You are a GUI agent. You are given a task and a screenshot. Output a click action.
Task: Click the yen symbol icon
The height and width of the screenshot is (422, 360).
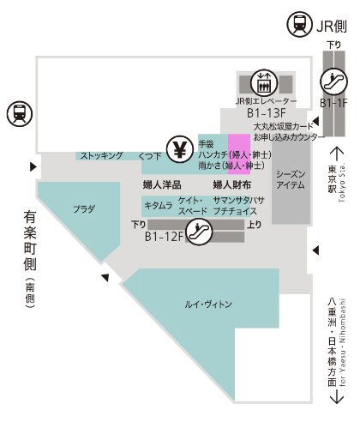(180, 149)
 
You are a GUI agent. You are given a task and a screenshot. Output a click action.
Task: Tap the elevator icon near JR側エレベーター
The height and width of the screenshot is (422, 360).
(264, 83)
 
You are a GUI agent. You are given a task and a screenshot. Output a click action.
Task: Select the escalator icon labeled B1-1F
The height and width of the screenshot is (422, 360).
(333, 81)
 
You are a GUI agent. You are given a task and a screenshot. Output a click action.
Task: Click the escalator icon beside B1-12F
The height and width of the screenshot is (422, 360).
(199, 232)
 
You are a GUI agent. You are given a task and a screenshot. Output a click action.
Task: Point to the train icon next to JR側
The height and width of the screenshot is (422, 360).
(299, 24)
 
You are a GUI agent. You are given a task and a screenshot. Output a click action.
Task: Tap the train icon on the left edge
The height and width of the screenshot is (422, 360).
(20, 114)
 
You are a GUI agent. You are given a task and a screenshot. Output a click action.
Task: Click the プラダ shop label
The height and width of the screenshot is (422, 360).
(84, 209)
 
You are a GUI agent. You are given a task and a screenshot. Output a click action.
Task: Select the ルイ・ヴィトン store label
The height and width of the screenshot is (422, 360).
(208, 304)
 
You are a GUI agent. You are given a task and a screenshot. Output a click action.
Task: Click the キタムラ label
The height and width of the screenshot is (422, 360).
(159, 205)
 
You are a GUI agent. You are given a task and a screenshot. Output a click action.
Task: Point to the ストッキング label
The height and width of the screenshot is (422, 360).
(102, 155)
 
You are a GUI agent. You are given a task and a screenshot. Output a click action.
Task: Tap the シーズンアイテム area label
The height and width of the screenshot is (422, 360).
(291, 179)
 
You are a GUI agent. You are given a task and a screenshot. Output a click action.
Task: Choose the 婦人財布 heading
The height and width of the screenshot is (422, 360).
(232, 185)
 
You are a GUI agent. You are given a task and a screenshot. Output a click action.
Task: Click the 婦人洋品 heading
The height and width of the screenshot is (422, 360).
(162, 185)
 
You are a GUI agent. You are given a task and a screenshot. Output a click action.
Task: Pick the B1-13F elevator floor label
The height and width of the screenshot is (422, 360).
(267, 113)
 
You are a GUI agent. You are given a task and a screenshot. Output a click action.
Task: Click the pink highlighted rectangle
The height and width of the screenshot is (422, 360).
(239, 154)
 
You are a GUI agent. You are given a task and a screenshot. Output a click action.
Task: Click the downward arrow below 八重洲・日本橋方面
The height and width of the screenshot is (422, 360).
(337, 396)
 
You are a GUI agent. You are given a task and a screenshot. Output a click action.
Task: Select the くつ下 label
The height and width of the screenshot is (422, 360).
(150, 156)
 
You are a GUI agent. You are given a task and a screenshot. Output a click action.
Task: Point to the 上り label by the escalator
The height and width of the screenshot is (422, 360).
(255, 225)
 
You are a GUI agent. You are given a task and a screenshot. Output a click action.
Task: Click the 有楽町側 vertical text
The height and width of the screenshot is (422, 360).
(30, 240)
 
